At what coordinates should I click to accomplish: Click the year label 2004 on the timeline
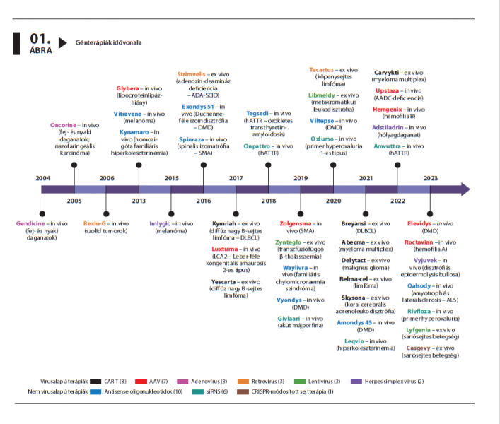tap(43, 178)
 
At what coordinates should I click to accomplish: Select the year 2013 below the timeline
tap(139, 201)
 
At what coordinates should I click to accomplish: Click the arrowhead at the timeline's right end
tap(464, 189)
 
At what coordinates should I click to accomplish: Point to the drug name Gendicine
tap(31, 223)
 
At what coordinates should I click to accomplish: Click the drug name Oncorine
tap(63, 125)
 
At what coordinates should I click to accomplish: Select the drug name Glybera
tap(128, 89)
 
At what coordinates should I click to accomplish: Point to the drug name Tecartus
tap(323, 70)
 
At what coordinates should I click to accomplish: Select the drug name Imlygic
tap(161, 223)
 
